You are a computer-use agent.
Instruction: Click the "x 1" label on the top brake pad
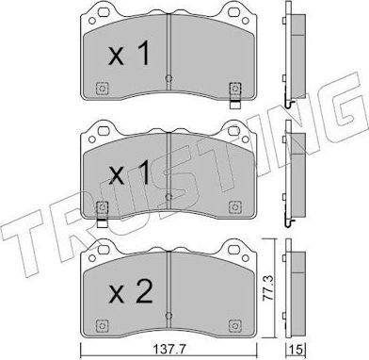pos(129,54)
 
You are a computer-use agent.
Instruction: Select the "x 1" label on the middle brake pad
pos(129,175)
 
